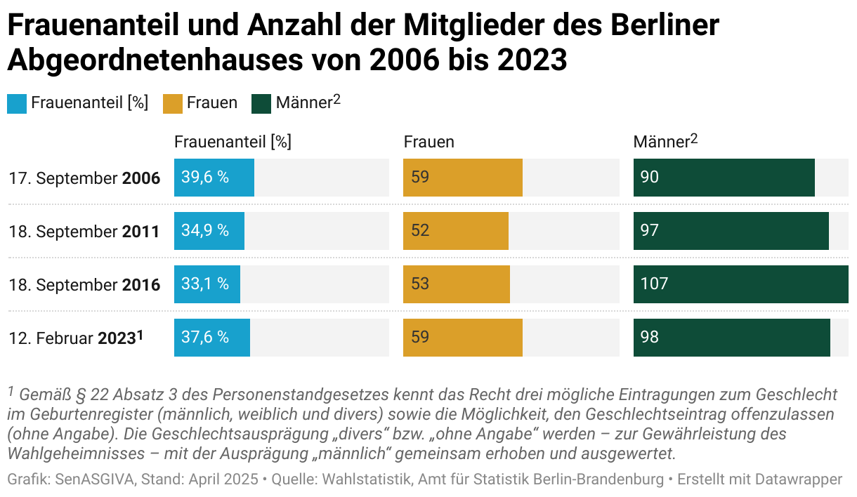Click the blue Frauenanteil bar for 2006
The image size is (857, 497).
pyautogui.click(x=214, y=178)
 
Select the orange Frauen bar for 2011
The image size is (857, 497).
pyautogui.click(x=456, y=231)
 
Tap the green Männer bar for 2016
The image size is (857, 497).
pyautogui.click(x=740, y=284)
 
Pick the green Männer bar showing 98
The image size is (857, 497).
pyautogui.click(x=731, y=338)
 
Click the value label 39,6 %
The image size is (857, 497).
pyautogui.click(x=205, y=178)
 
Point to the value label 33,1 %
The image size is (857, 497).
pyautogui.click(x=205, y=284)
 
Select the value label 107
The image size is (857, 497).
pyautogui.click(x=654, y=284)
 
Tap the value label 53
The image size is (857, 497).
pyautogui.click(x=420, y=284)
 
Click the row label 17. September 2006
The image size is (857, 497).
pyautogui.click(x=84, y=178)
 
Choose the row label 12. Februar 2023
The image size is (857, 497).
pyautogui.click(x=76, y=338)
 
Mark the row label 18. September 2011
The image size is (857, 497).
pyautogui.click(x=84, y=232)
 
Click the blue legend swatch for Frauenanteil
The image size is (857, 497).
pyautogui.click(x=17, y=104)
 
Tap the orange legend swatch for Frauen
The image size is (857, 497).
pyautogui.click(x=172, y=104)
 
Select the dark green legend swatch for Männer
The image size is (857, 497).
pyautogui.click(x=261, y=104)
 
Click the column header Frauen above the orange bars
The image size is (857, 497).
pyautogui.click(x=428, y=142)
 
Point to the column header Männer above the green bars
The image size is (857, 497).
pyautogui.click(x=665, y=142)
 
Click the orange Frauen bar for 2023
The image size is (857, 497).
pyautogui.click(x=463, y=338)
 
